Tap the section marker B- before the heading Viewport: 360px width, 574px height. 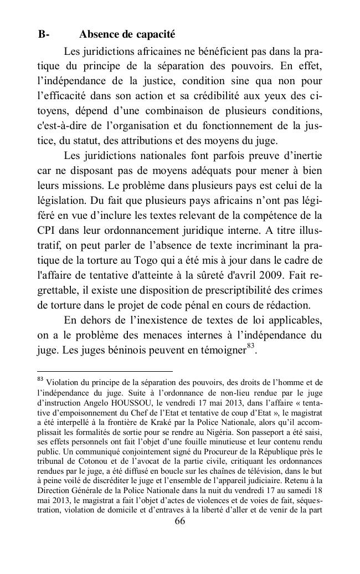click(x=44, y=34)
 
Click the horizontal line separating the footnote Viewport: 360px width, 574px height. click(x=105, y=371)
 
